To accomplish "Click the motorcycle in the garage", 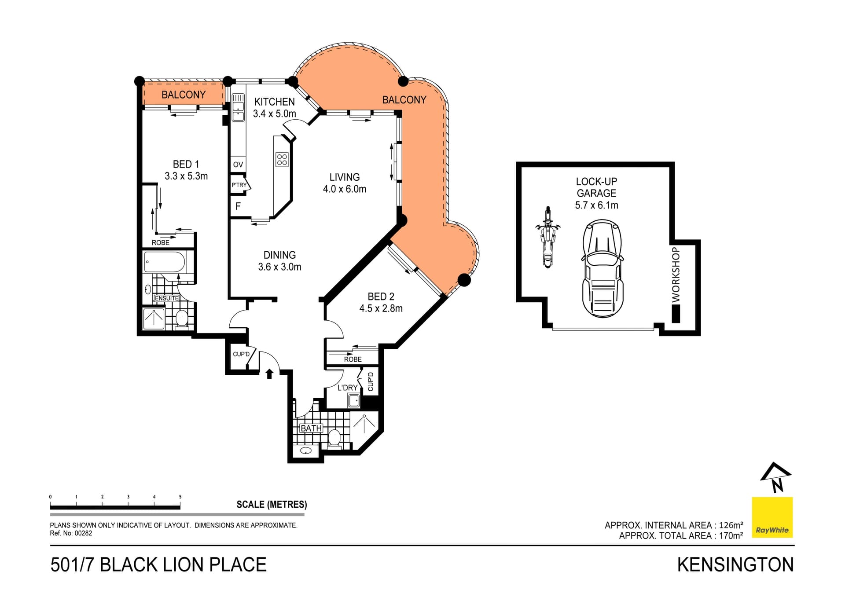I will click(x=547, y=237).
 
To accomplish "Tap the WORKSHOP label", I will click(x=676, y=275).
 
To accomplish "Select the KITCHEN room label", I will click(x=274, y=102).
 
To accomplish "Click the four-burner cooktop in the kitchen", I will click(x=282, y=160).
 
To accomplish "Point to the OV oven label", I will click(x=238, y=165).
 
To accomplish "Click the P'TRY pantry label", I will click(x=239, y=185).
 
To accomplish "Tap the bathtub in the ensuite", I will click(x=165, y=262).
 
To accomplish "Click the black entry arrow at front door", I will click(x=269, y=374).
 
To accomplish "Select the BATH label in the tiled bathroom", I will click(x=311, y=428).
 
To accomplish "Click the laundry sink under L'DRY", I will click(x=353, y=401).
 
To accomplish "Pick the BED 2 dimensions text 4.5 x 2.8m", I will click(x=381, y=308).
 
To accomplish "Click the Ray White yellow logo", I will click(x=772, y=517).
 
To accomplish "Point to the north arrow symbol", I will click(x=776, y=477).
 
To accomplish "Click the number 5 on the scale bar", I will click(x=180, y=497).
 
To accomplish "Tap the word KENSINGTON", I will click(x=735, y=565).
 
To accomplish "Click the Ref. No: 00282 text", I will click(x=71, y=533).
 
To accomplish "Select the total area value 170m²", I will click(x=731, y=535).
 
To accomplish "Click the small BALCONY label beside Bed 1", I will click(x=184, y=95).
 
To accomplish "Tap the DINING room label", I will click(x=279, y=255).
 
